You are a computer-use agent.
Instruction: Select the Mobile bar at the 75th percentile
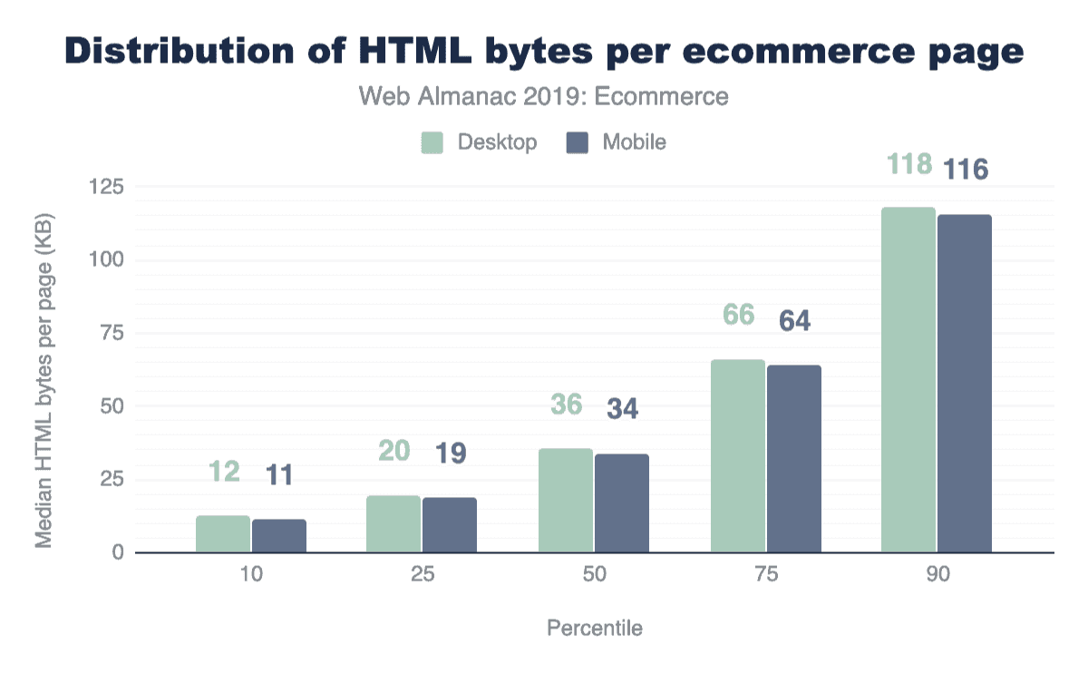793,459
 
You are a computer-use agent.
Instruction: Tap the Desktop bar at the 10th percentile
223,534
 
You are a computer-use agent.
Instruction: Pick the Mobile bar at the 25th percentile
450,525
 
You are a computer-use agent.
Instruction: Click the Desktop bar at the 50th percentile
566,501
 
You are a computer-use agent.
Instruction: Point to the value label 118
909,165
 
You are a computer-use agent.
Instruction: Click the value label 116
966,169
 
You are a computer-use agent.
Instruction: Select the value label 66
738,316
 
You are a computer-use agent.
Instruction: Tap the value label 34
621,409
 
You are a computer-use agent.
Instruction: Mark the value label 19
450,453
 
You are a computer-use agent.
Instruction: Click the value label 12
223,472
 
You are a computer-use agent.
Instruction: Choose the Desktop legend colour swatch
432,142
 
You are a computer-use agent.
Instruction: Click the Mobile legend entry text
635,142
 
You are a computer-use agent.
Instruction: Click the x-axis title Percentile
594,629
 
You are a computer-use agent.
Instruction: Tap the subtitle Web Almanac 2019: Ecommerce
544,96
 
